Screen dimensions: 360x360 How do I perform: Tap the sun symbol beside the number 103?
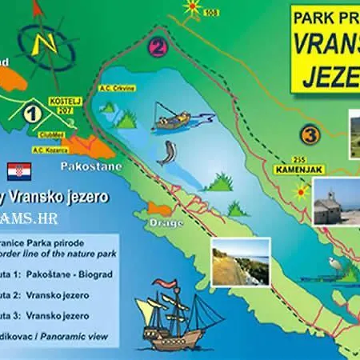click(192, 7)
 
